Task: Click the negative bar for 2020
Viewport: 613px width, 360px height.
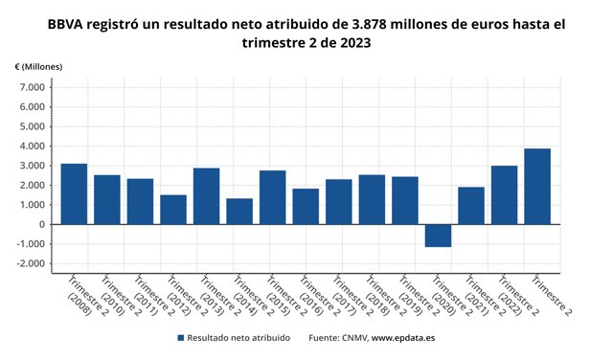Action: (438, 236)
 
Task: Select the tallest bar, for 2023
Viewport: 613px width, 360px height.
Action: (537, 187)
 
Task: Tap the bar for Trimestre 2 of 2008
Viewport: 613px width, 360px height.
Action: (74, 194)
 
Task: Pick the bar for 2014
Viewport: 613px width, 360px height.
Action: (239, 212)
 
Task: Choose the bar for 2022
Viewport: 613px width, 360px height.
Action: (504, 195)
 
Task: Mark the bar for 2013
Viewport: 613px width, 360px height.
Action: (206, 196)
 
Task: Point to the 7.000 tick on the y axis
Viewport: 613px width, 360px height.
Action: (32, 87)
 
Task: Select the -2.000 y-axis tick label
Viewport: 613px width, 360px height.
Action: (30, 264)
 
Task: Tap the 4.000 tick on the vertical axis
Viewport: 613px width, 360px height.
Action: (32, 146)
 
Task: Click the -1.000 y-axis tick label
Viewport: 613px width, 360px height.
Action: (30, 245)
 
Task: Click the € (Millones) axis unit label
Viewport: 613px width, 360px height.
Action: (39, 66)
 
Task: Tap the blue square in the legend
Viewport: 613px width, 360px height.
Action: (180, 338)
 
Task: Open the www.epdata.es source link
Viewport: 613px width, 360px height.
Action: (403, 338)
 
